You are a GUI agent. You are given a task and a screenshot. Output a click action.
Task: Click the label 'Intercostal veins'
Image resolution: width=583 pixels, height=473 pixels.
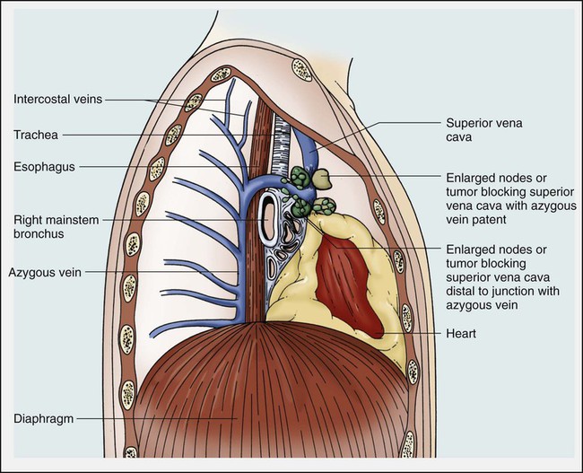[58, 101]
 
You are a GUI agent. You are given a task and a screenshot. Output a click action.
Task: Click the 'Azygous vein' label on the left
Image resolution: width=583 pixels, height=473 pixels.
[46, 270]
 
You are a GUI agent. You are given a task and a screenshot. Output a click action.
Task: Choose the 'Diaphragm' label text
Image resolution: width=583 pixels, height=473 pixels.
[43, 417]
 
